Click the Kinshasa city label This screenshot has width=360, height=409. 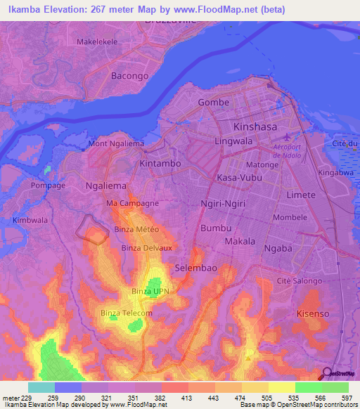(257, 126)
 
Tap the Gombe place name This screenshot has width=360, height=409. (214, 102)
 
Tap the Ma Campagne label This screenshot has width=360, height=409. (132, 203)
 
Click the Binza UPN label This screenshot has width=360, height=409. (150, 290)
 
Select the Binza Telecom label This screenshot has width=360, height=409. (127, 313)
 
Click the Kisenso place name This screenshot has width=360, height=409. (313, 313)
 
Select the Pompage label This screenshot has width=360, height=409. (48, 186)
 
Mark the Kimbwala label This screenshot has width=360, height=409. (30, 220)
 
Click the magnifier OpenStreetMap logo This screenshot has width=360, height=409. (326, 373)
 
